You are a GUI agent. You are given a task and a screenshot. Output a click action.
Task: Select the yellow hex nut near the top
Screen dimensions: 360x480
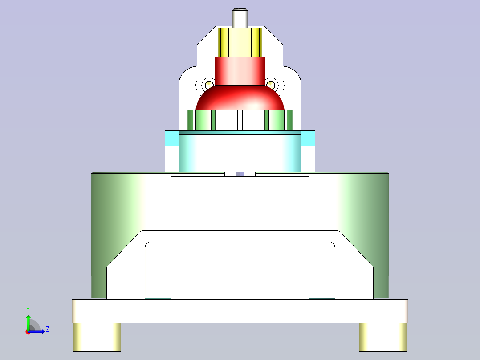240,42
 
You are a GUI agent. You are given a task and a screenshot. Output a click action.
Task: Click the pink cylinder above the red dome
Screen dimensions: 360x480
240,71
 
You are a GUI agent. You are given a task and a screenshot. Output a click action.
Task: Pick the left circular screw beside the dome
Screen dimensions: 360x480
208,84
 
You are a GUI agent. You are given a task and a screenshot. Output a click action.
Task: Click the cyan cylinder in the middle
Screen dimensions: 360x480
240,151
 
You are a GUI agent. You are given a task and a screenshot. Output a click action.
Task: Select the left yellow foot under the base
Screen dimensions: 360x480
97,336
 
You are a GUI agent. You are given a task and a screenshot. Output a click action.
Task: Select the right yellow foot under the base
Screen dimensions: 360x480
383,336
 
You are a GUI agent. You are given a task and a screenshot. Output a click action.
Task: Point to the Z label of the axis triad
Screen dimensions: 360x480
47,329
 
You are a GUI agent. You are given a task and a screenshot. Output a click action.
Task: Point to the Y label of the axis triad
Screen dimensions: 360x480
28,309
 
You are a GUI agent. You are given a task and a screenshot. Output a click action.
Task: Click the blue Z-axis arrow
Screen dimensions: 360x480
38,331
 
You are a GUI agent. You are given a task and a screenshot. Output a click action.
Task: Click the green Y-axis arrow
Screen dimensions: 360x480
28,322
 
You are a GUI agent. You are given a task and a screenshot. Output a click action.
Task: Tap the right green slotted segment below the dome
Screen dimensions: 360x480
279,120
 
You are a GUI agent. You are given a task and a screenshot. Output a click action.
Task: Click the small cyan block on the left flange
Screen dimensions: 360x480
171,138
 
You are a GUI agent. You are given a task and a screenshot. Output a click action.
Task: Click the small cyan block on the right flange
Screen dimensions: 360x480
308,138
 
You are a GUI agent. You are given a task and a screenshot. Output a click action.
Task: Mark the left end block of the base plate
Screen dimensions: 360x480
81,311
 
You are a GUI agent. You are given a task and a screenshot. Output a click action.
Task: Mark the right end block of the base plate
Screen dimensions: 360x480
399,311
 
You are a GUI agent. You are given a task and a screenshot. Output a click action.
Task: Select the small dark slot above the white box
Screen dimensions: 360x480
240,174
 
